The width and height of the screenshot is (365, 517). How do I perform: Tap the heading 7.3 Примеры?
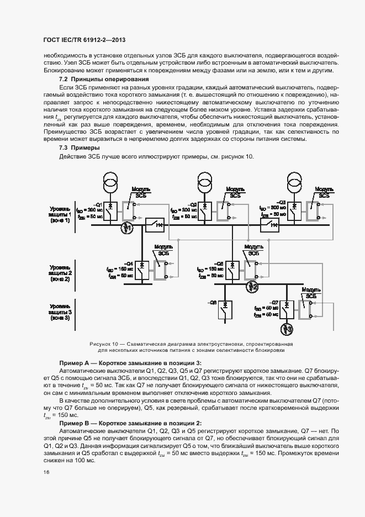pyautogui.click(x=71, y=148)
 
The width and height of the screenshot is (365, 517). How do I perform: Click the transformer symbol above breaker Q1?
pyautogui.click(x=110, y=182)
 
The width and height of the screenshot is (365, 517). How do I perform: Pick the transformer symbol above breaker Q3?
pyautogui.click(x=294, y=182)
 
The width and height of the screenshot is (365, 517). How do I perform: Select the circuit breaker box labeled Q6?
pyautogui.click(x=225, y=310)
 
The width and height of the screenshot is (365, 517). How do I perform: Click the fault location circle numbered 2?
pyautogui.click(x=252, y=286)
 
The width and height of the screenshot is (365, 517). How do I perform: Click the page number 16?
pyautogui.click(x=46, y=471)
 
